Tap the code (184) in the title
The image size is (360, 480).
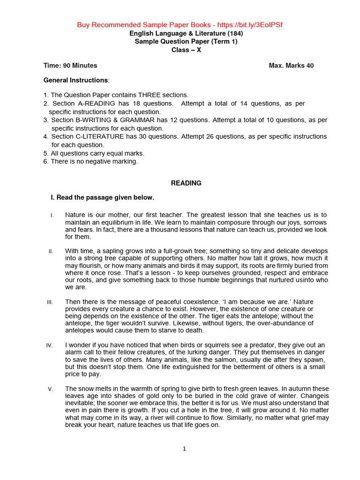coord(235,33)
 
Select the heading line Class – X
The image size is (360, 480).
coord(186,50)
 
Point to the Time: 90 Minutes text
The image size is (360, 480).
coord(70,66)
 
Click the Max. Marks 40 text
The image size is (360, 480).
coord(291,66)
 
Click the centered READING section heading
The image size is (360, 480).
coord(186,183)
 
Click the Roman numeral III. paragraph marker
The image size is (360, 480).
coord(50,302)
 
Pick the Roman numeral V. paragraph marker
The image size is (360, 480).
coord(51,389)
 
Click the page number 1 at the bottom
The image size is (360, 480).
coord(185,449)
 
